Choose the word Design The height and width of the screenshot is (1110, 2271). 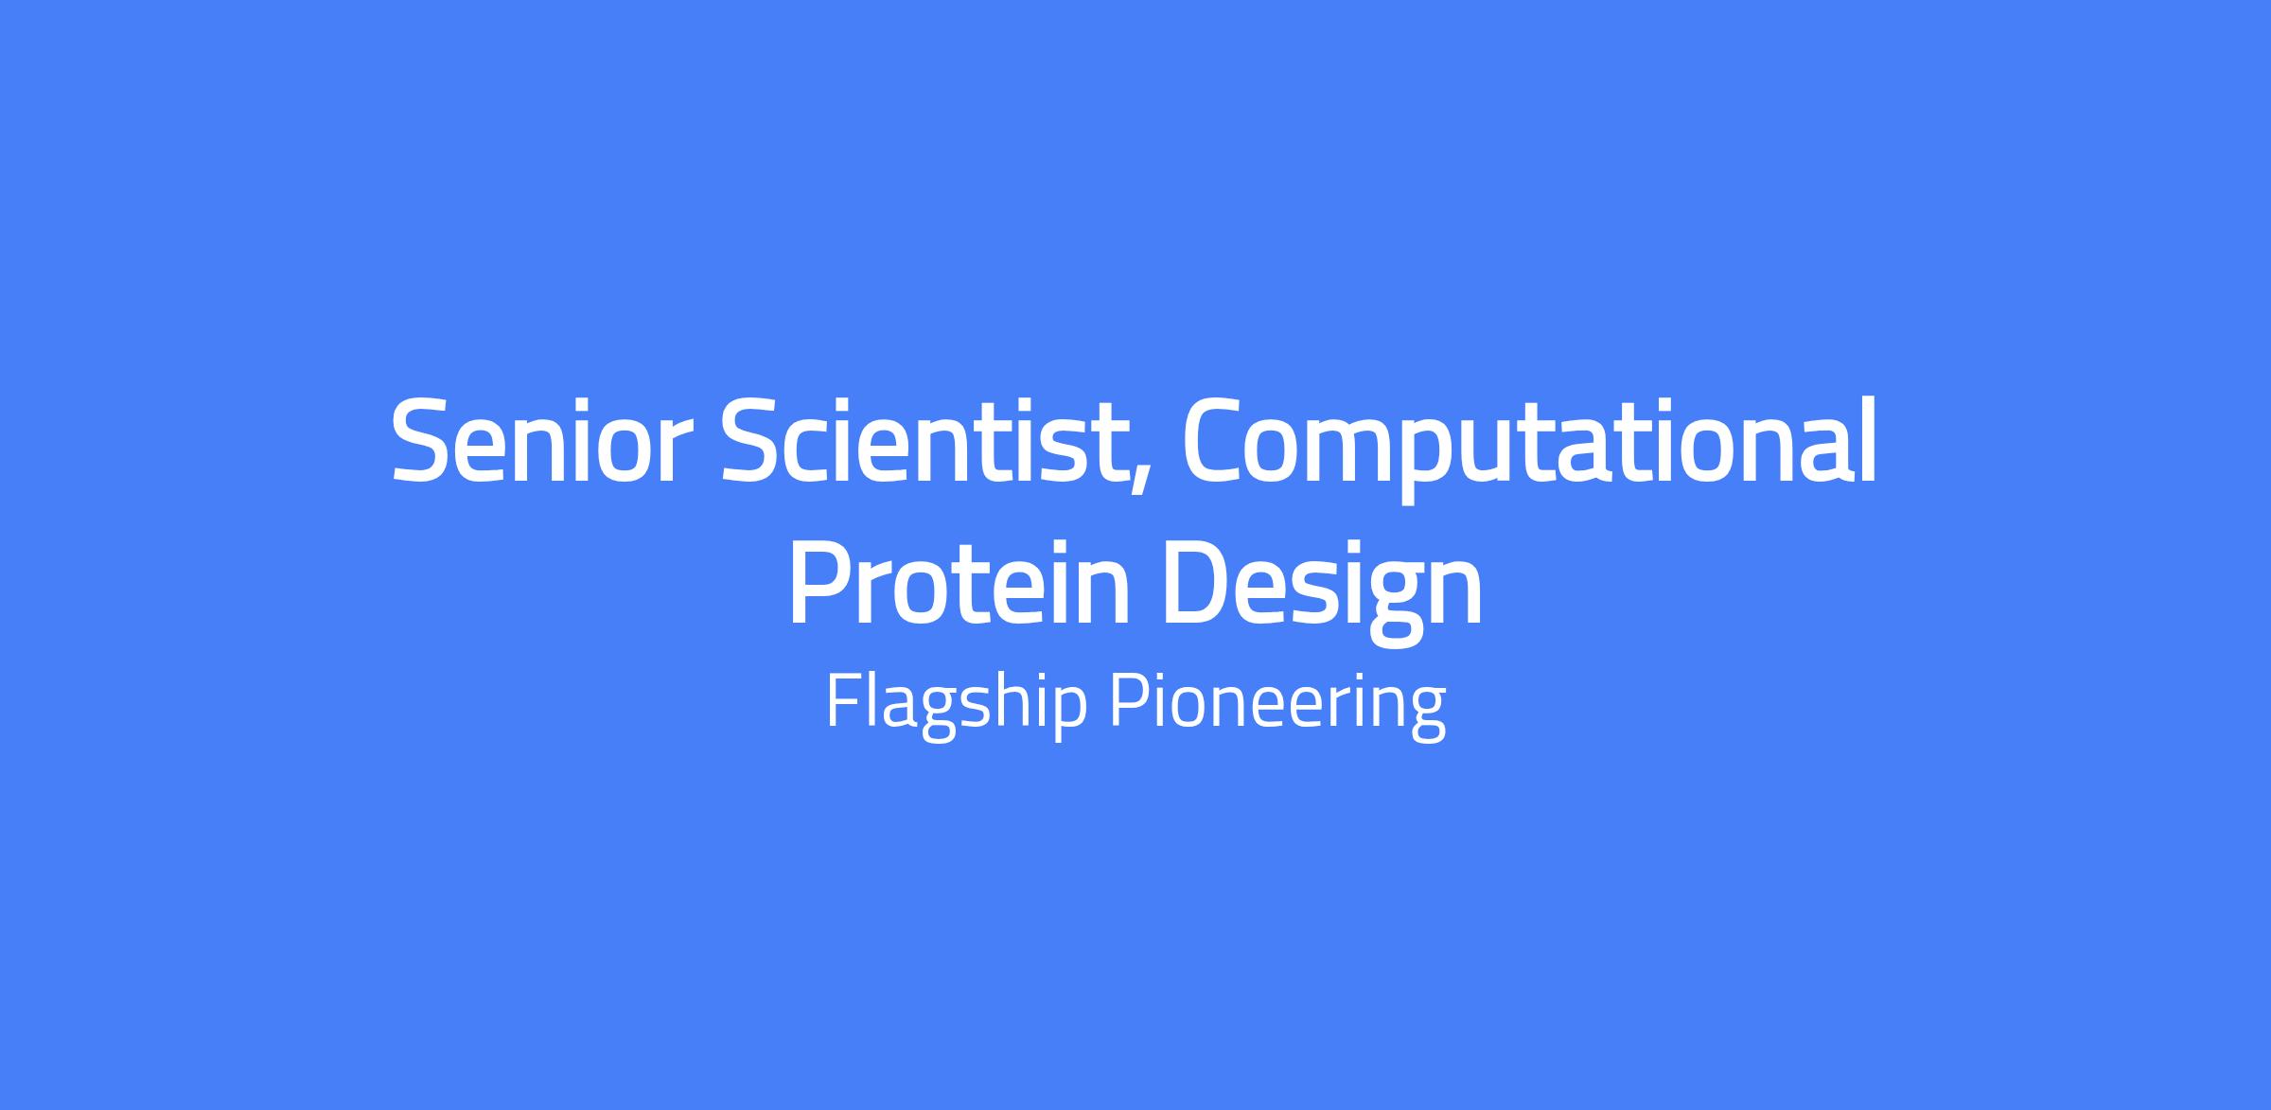coord(1322,590)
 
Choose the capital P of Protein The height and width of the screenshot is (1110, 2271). coord(819,581)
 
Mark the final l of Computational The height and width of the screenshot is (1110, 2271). coord(1868,439)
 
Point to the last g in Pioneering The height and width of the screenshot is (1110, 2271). coord(1428,714)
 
